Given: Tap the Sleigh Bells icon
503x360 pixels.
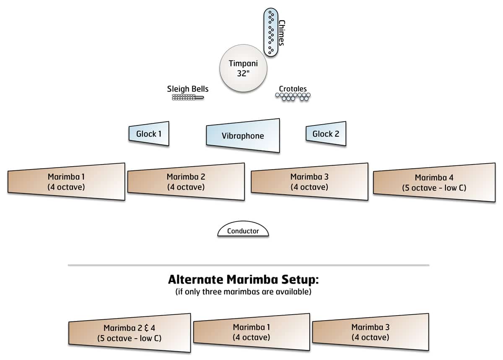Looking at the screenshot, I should point(187,97).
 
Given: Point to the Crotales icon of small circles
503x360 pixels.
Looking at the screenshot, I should point(293,97).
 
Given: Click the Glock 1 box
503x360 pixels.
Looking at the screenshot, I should point(149,134).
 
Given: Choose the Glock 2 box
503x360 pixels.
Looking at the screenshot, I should point(326,134).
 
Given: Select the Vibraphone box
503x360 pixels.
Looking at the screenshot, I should point(243,136).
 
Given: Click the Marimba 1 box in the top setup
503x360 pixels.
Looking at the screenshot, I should point(66,182).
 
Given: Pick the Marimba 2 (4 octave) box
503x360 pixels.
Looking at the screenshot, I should point(186,182).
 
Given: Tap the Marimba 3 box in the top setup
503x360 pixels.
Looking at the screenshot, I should point(309,182).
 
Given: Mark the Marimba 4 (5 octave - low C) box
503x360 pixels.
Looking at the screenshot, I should point(434,183).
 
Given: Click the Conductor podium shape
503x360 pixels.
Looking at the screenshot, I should point(243,230).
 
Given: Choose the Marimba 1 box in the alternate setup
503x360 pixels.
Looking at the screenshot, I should point(251,332).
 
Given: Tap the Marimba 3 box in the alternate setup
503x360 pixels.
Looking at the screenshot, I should point(371,332).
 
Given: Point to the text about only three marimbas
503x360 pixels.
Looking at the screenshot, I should point(243,292).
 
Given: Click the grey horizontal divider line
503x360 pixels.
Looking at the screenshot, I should point(249,265).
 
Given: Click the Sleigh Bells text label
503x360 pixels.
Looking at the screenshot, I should point(187,89).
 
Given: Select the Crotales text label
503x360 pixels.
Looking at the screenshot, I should point(293,89).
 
